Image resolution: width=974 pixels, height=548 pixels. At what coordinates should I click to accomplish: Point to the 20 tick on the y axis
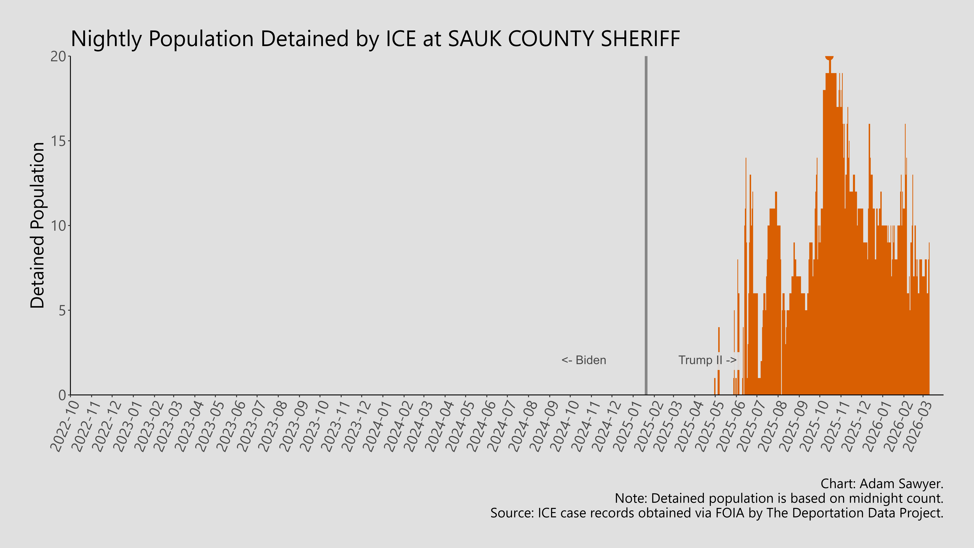pyautogui.click(x=59, y=57)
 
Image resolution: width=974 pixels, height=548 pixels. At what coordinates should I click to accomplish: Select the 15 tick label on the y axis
pyautogui.click(x=59, y=141)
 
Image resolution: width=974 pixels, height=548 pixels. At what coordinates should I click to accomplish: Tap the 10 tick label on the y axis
pyautogui.click(x=59, y=226)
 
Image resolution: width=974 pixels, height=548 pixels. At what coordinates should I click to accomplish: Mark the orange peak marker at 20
pyautogui.click(x=829, y=57)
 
